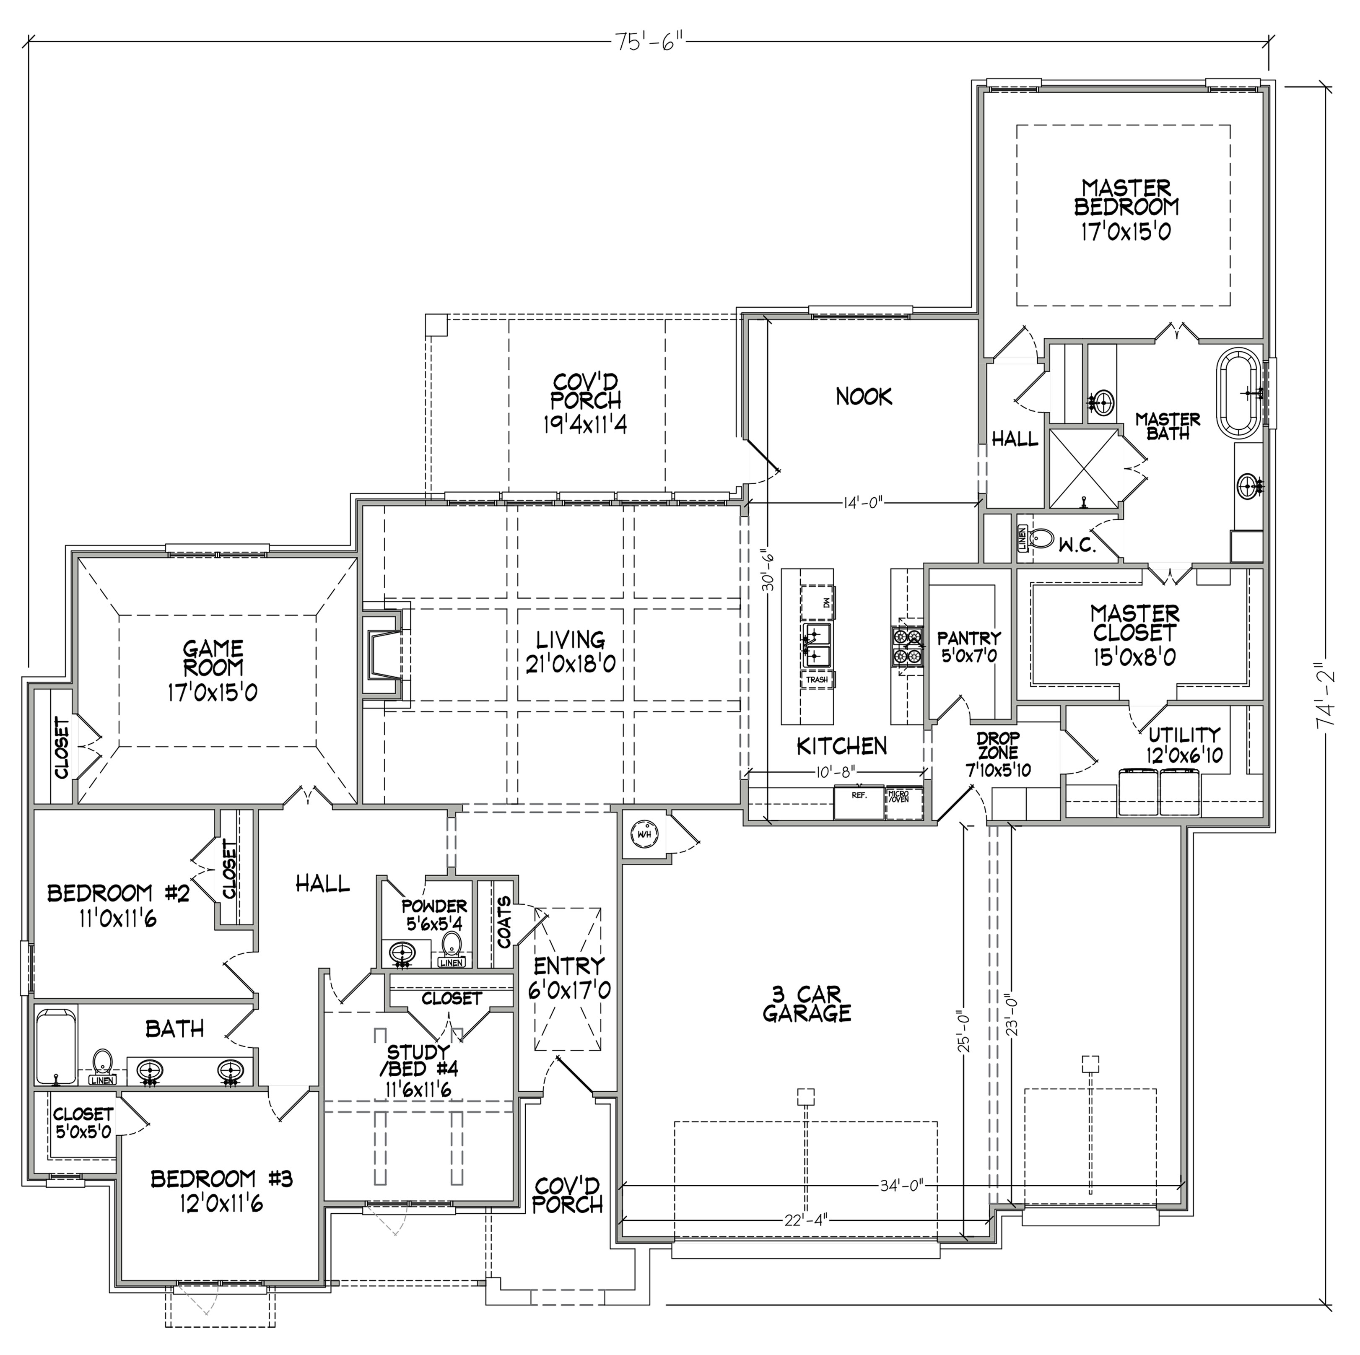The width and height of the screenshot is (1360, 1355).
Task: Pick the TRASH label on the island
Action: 817,680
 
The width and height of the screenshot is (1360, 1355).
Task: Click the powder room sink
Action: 402,955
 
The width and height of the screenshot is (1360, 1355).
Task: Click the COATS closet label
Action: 504,922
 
